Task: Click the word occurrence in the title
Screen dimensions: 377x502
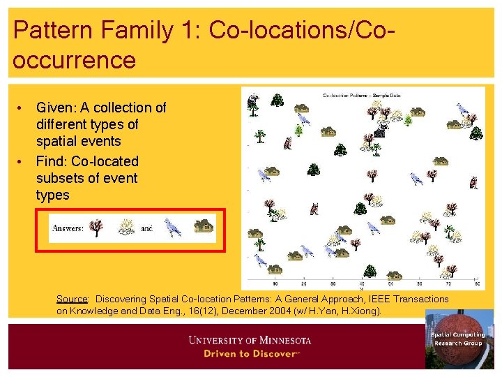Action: pyautogui.click(x=74, y=61)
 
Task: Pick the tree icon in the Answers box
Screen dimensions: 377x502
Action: pyautogui.click(x=97, y=228)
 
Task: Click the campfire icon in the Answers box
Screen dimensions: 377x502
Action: pyautogui.click(x=126, y=227)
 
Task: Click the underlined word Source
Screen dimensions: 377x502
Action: pyautogui.click(x=72, y=299)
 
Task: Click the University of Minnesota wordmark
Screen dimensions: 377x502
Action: pyautogui.click(x=250, y=341)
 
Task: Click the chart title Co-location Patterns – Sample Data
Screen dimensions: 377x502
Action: pyautogui.click(x=361, y=95)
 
